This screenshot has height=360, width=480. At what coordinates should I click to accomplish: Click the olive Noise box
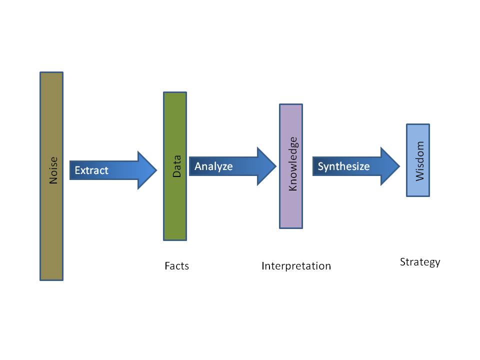tap(51, 225)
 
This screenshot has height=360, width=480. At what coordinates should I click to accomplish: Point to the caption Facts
tap(176, 266)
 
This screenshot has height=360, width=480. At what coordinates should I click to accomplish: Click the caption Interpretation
tap(296, 266)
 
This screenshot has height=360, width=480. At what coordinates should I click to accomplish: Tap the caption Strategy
tap(420, 262)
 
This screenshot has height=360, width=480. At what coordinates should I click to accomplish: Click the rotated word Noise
tap(53, 170)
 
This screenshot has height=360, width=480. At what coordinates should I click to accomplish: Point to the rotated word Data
tap(176, 166)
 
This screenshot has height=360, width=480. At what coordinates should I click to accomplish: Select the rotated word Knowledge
tap(293, 163)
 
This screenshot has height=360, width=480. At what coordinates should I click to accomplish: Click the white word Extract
tap(91, 170)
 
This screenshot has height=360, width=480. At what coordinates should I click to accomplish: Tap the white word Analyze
tap(213, 166)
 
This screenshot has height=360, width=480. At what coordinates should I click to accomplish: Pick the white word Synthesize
tap(343, 166)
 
